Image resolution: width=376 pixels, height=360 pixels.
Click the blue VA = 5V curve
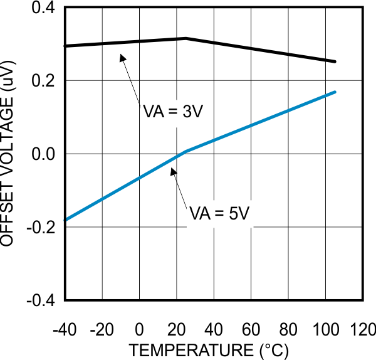(251, 125)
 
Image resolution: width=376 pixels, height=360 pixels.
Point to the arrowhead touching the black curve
(123, 56)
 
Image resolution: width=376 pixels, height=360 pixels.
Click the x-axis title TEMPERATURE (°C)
(210, 349)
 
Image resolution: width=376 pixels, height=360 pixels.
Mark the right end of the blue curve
(335, 92)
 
